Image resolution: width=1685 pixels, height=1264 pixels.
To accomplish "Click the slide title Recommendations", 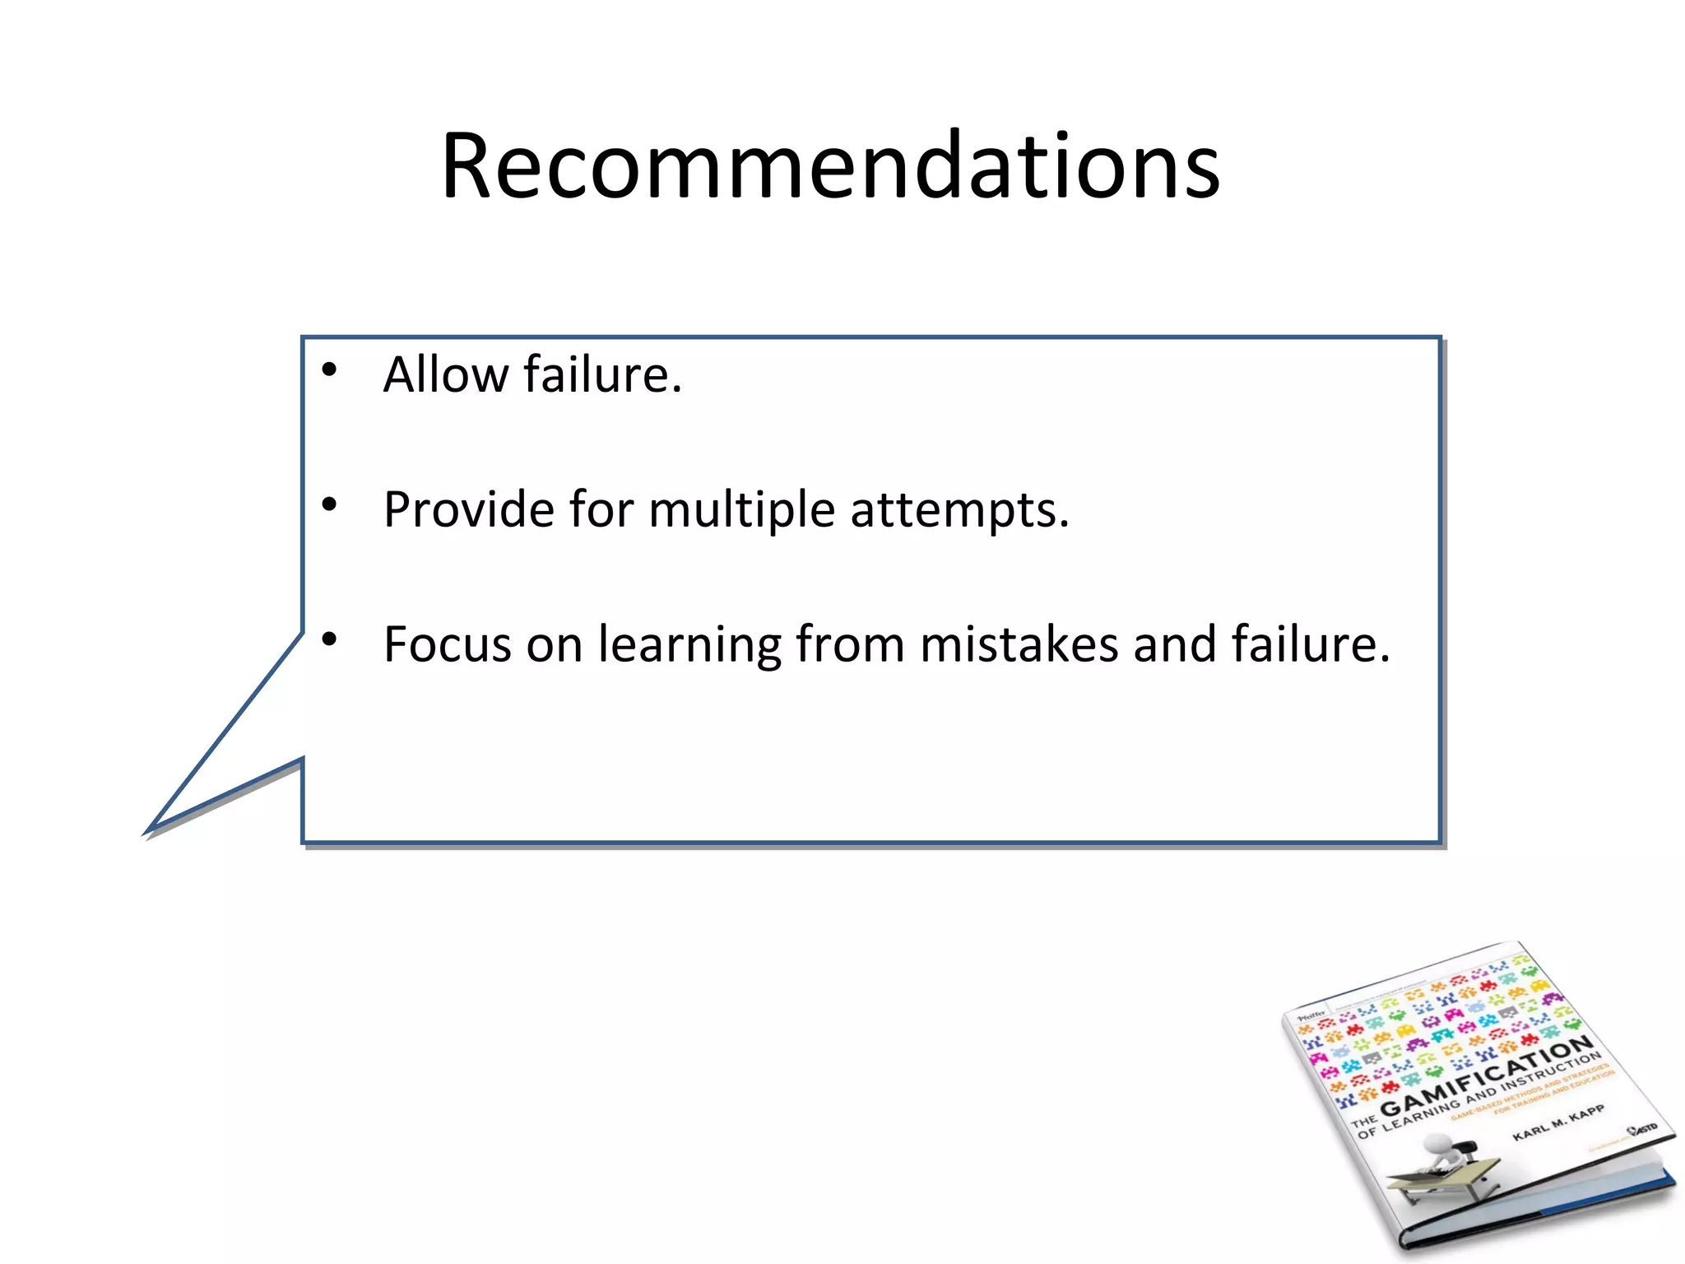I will click(829, 167).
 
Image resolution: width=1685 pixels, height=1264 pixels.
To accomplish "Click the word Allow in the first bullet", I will click(445, 375).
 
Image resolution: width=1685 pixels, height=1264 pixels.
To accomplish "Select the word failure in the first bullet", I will click(601, 375).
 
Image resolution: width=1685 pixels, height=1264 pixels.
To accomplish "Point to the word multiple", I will click(741, 510).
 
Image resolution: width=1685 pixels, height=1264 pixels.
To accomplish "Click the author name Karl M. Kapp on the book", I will click(1557, 1122).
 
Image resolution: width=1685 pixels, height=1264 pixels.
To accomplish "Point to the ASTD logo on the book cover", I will click(1643, 1128).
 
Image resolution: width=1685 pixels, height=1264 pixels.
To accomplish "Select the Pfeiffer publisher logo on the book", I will click(1311, 1016).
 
